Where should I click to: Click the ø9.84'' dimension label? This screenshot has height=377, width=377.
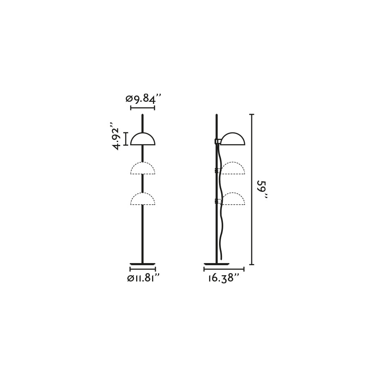pos(143,99)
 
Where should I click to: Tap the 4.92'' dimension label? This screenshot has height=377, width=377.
pos(116,136)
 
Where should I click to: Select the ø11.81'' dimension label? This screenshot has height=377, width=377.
pos(143,278)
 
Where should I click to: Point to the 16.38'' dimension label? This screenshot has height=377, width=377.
pos(224,278)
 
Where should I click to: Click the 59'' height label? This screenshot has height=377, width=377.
pos(262,189)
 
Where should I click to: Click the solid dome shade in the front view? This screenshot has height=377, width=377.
pos(142,140)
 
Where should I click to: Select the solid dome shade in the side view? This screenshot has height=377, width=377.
pos(233,140)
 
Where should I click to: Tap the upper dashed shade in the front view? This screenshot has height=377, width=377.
pos(142,169)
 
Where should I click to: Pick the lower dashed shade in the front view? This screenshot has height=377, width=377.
pos(142,199)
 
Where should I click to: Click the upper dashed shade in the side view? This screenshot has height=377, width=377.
pos(233,169)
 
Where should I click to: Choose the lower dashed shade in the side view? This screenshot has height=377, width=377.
pos(233,199)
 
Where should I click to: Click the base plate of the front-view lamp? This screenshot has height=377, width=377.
pos(142,264)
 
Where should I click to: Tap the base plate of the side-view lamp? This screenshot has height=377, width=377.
pos(217,264)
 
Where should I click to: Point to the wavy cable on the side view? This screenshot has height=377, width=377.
pos(222,226)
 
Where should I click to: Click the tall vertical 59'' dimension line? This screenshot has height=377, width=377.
pos(251,209)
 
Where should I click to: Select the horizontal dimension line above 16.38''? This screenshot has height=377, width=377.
pos(224,269)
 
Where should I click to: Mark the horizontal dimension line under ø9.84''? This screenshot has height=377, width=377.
pos(142,108)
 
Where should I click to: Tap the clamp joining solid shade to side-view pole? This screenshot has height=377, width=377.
pos(218,142)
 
